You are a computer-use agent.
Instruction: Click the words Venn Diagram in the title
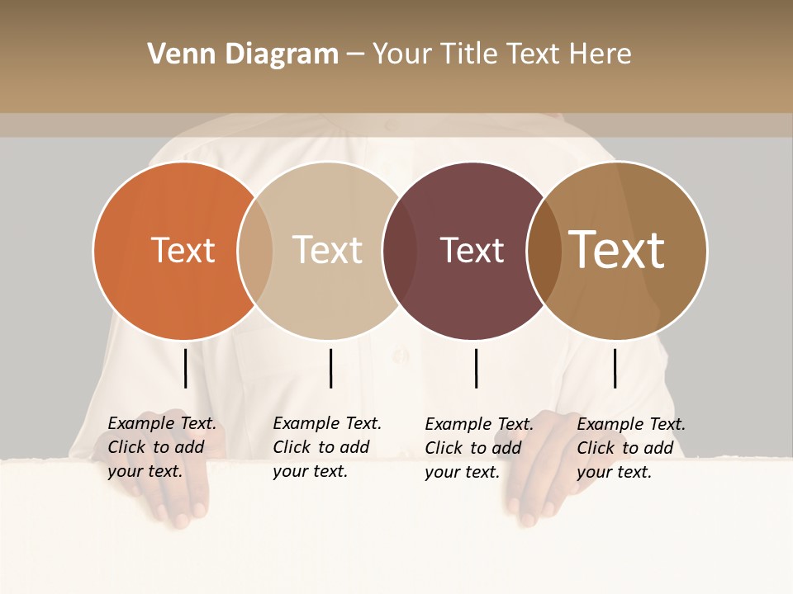pos(243,54)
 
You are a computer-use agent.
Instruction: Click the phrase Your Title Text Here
pos(501,54)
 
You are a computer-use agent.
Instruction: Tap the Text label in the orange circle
pos(183,250)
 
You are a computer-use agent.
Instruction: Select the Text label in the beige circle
pos(327,250)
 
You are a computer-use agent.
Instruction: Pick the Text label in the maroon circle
pos(472,250)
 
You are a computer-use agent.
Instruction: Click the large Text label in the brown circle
pos(617,250)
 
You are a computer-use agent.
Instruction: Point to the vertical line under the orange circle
pos(185,368)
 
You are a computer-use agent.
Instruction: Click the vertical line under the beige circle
pos(330,368)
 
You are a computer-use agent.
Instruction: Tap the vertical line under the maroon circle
pos(476,368)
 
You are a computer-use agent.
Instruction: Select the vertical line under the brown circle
pos(615,368)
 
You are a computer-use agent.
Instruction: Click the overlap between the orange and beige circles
pos(255,250)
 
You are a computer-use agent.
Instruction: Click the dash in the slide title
pos(355,55)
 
